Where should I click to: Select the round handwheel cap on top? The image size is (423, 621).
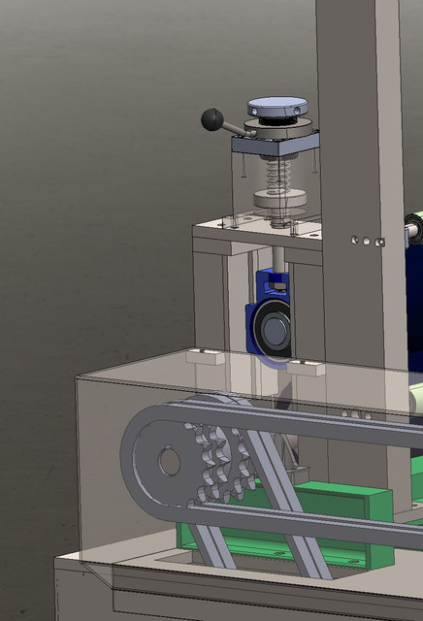tap(277, 107)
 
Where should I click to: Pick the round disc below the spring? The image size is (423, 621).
tap(279, 200)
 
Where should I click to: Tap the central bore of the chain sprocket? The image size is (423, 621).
tap(170, 461)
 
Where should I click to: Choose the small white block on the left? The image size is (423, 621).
tap(206, 356)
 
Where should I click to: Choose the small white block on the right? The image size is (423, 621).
tap(306, 367)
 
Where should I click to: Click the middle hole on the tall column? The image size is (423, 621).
tap(366, 240)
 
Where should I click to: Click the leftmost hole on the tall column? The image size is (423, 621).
tap(355, 238)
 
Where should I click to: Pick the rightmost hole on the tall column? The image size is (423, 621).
tap(381, 241)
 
